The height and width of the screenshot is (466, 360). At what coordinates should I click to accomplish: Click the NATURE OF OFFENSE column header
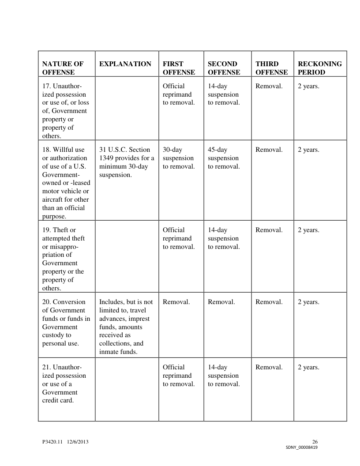point(63,68)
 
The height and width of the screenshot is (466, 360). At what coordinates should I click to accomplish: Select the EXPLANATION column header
point(125,64)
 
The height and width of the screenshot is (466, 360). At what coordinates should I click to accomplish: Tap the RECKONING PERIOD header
point(320,68)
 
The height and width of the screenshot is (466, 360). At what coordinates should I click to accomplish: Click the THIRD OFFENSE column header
point(271,68)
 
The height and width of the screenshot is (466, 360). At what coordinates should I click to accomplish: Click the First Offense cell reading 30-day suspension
point(179,158)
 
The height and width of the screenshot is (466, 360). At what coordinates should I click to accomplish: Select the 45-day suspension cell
point(224,158)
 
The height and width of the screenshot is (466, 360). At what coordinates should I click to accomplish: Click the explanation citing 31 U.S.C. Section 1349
point(127,162)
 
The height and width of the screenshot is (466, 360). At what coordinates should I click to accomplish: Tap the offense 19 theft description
point(64,259)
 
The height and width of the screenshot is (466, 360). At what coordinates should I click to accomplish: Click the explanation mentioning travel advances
point(126,327)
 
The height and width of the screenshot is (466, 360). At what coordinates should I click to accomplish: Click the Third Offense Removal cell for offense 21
point(269,368)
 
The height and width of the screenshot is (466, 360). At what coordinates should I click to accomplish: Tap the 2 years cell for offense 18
point(308,150)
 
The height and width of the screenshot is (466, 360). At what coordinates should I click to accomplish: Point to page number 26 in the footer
point(315,442)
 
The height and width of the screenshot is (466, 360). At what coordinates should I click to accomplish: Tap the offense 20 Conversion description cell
point(66,323)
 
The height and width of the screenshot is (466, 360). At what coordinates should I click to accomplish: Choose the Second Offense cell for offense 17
point(224,94)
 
